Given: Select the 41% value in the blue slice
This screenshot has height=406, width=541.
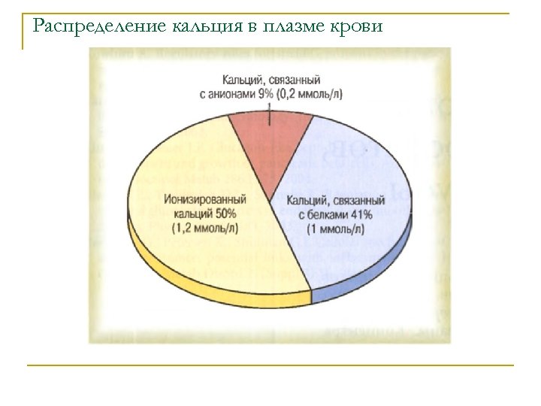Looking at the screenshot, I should (361, 214).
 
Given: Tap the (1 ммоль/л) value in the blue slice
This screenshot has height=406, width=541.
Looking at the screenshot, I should (334, 228).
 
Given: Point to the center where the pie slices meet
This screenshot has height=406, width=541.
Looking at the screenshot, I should (271, 200).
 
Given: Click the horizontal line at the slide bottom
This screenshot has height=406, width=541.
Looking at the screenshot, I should (270, 365).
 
